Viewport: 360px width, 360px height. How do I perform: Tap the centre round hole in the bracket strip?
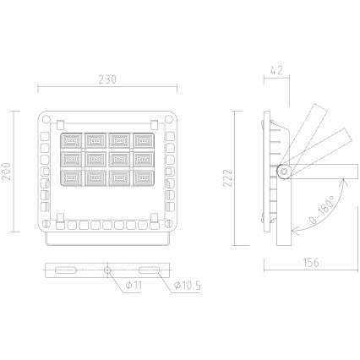pyautogui.click(x=107, y=270)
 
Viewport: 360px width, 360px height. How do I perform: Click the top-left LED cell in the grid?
pyautogui.click(x=72, y=139)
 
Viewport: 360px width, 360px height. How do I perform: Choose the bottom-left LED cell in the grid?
pyautogui.click(x=72, y=177)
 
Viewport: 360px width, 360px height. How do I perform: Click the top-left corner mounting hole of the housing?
pyautogui.click(x=49, y=119)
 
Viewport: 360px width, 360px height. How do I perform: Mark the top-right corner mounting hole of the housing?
pyautogui.click(x=166, y=119)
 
